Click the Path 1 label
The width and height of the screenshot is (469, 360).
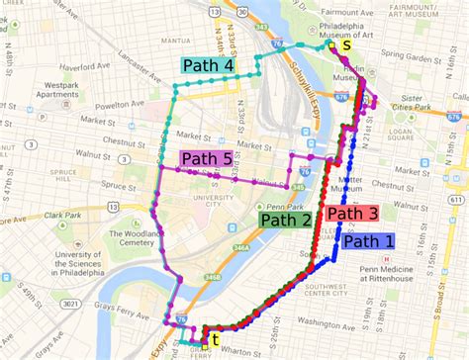coord(368,240)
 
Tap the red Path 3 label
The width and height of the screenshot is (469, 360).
coord(352,214)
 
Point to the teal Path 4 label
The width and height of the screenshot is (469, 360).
coord(209,66)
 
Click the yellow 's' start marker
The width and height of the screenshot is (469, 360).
coord(346,45)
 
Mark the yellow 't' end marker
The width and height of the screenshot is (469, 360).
coord(215,339)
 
